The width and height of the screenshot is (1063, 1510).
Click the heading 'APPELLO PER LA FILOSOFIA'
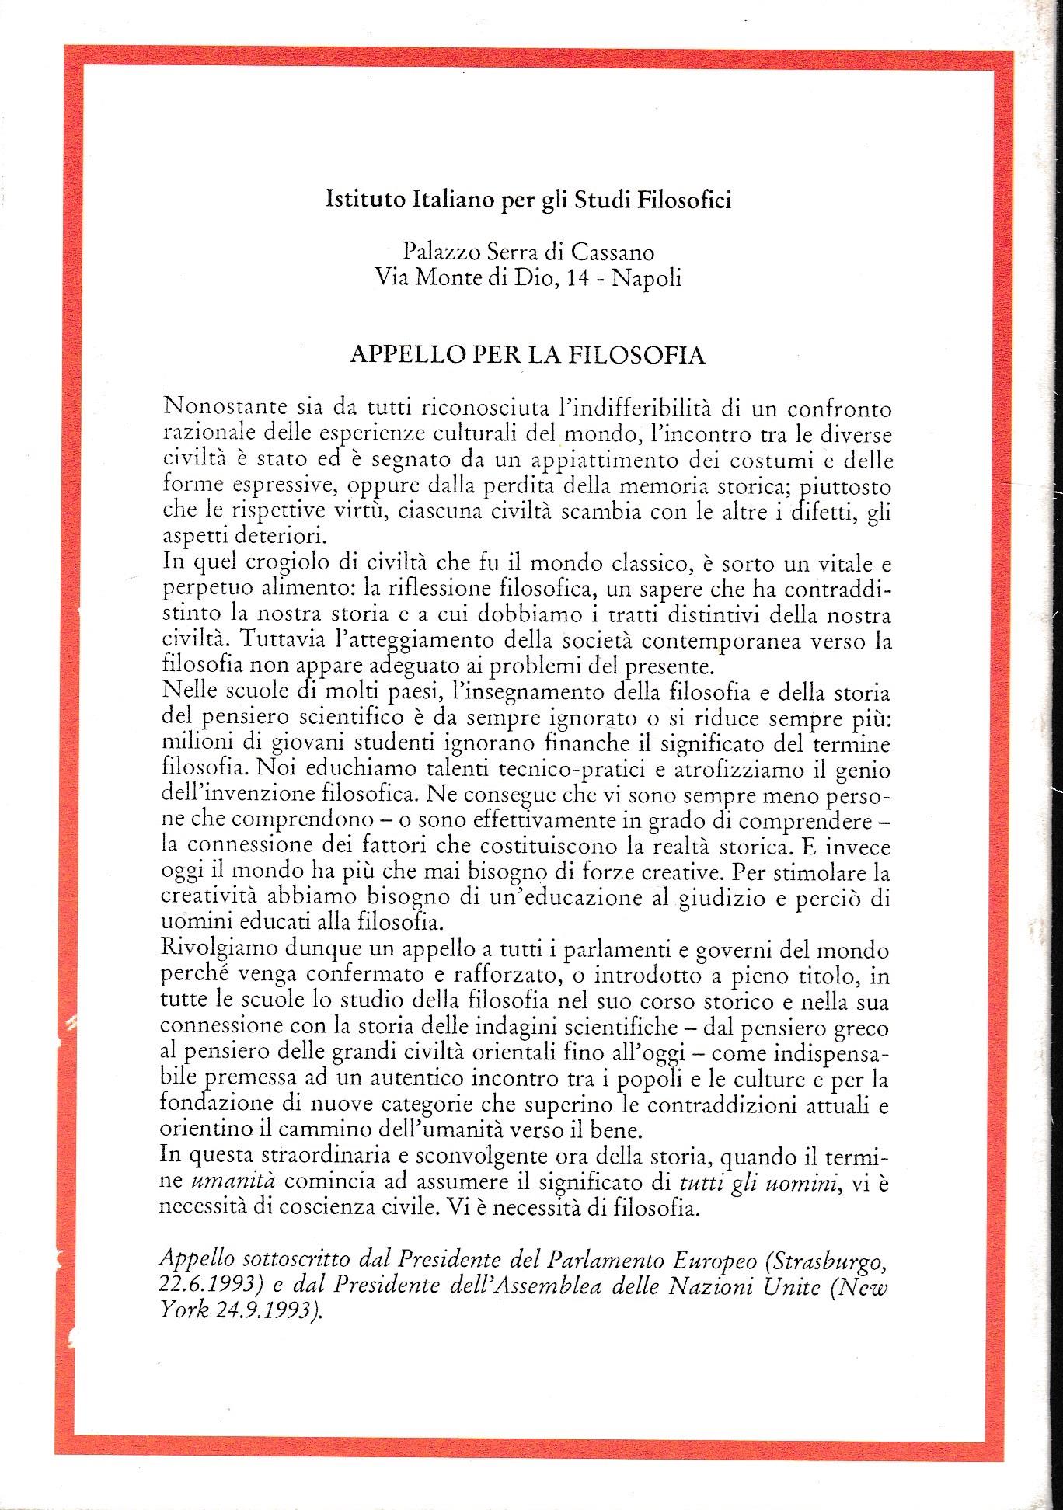pos(528,354)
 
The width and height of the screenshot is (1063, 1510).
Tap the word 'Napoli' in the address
pos(647,277)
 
